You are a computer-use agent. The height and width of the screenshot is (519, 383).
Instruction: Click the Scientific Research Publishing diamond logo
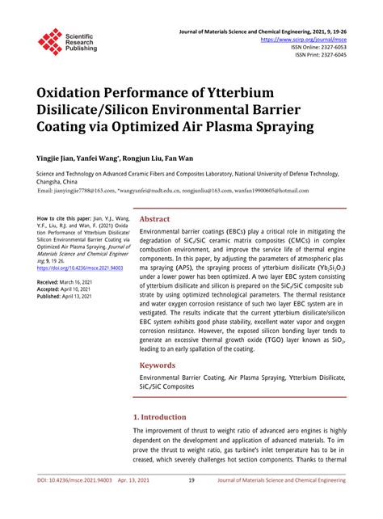click(50, 41)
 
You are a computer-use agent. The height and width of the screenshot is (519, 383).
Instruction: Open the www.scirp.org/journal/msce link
click(305, 38)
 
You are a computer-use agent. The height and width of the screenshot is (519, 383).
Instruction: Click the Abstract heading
click(155, 219)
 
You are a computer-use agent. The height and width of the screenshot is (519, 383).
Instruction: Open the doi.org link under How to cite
click(80, 266)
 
